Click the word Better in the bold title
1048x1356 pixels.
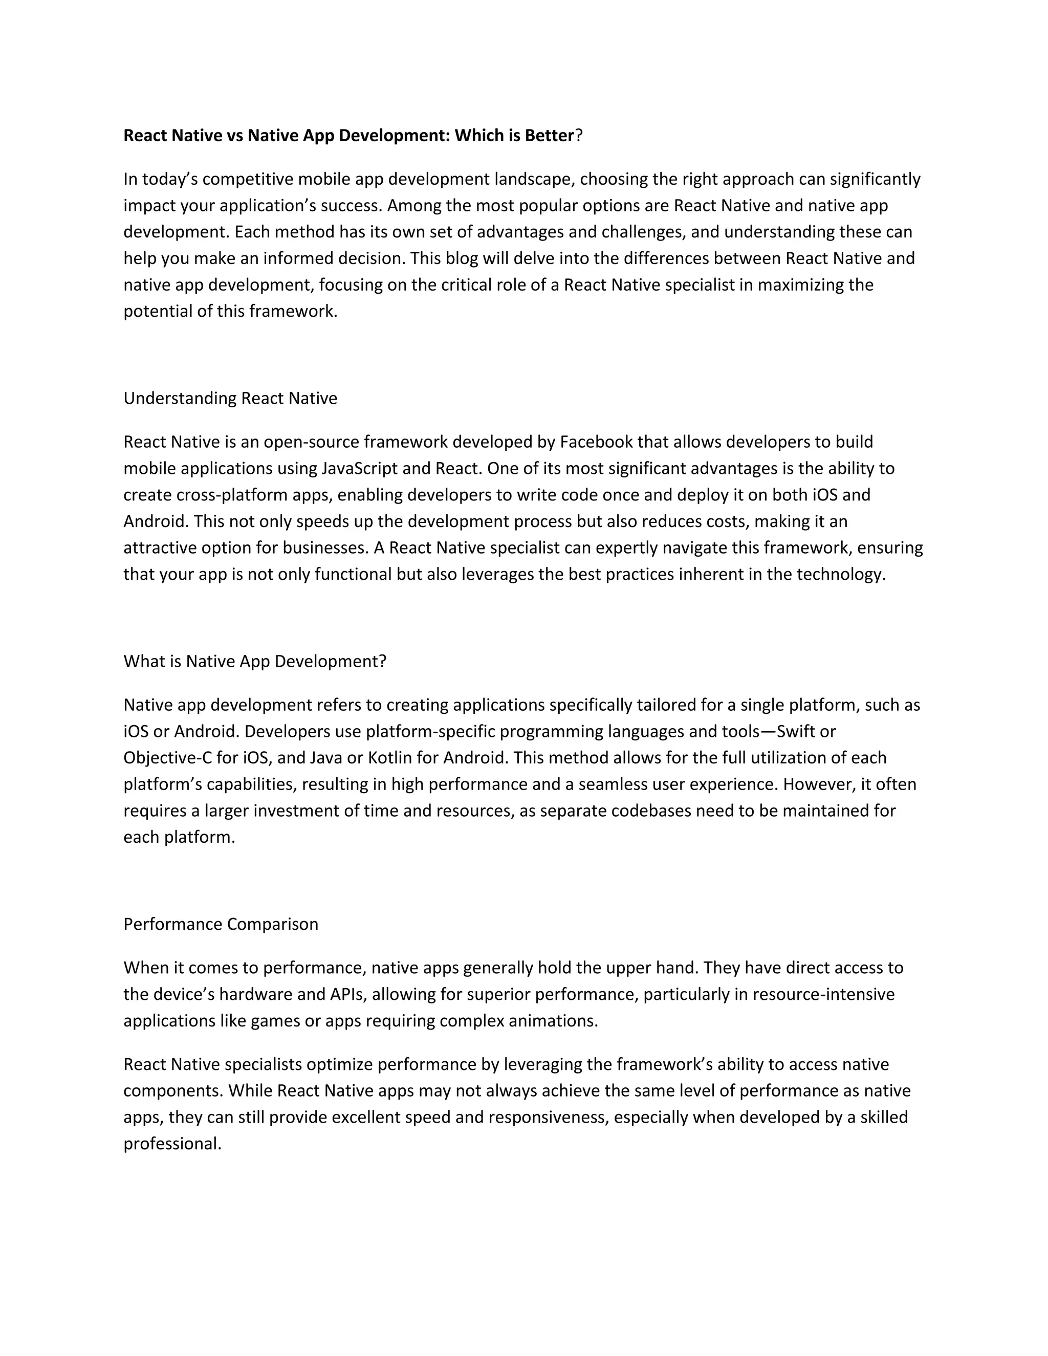pyautogui.click(x=549, y=136)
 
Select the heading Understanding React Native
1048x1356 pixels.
pyautogui.click(x=230, y=398)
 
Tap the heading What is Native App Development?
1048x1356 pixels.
pyautogui.click(x=254, y=661)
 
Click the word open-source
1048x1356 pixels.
pyautogui.click(x=311, y=442)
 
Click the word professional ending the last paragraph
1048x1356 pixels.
pyautogui.click(x=172, y=1144)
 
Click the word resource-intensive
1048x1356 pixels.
pyautogui.click(x=823, y=994)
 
